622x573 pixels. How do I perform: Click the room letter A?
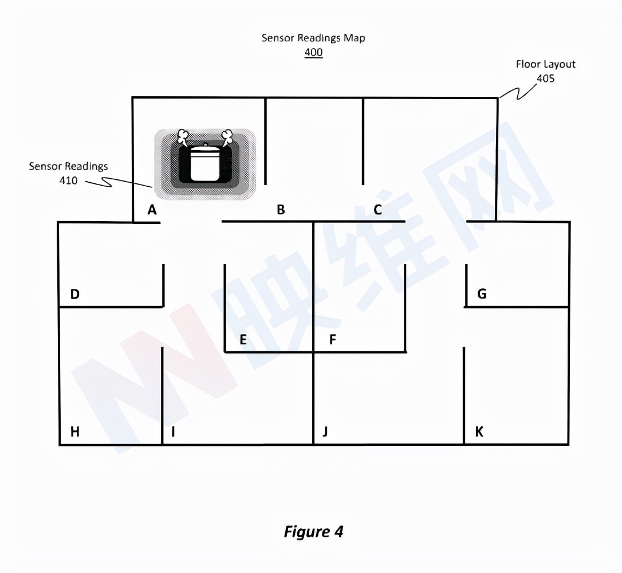[152, 210]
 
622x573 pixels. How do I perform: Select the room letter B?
[281, 210]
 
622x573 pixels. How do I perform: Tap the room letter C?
[377, 210]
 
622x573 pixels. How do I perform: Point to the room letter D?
[74, 295]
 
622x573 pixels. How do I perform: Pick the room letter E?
[243, 340]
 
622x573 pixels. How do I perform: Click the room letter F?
[332, 340]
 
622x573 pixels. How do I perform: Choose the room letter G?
[482, 294]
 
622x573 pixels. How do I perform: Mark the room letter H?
[74, 432]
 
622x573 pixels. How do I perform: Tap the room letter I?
[172, 432]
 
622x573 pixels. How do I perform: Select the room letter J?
[325, 432]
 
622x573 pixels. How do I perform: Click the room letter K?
[479, 432]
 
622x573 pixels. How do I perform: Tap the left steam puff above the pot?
[183, 136]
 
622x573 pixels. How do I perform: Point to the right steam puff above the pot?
[227, 136]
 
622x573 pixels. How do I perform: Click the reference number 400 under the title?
[313, 53]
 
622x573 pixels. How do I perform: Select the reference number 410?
[68, 181]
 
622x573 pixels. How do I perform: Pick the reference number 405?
[545, 79]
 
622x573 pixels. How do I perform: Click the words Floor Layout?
[545, 64]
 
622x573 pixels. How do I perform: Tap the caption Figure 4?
[313, 531]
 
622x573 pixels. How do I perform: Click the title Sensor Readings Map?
[313, 38]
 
